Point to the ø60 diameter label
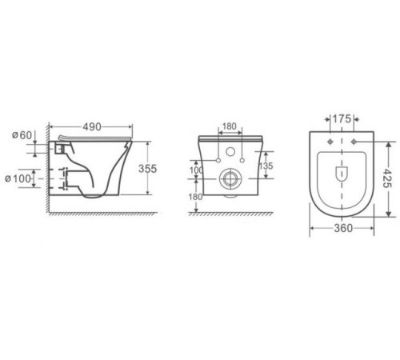point(22,134)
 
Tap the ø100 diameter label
point(22,178)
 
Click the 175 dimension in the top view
point(342,118)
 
